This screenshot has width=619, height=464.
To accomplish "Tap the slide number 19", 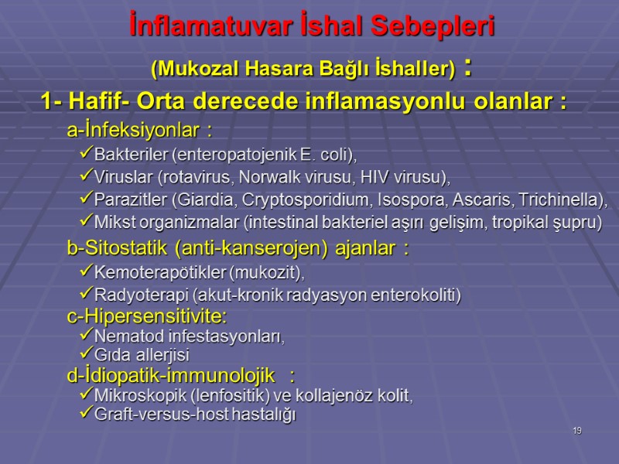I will (577, 430).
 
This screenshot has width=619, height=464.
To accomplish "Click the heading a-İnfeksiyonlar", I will (139, 128).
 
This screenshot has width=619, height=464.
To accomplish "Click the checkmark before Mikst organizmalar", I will (86, 221).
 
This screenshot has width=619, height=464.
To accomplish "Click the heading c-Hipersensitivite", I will (147, 316).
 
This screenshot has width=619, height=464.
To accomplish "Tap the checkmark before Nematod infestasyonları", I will (86, 336).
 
